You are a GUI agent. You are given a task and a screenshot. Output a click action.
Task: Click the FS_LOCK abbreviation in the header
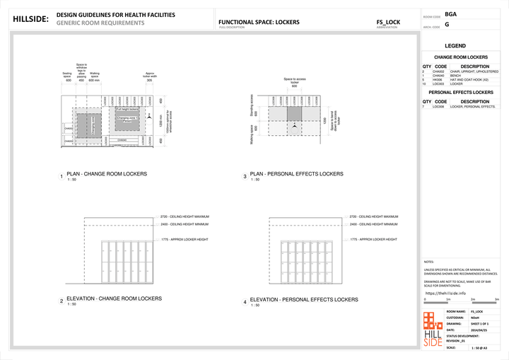point(388,22)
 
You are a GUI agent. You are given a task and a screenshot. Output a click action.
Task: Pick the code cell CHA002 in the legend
point(439,71)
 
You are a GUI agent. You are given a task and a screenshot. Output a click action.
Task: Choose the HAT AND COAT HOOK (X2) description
point(474,80)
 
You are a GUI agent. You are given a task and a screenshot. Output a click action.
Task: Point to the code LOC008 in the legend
point(439,107)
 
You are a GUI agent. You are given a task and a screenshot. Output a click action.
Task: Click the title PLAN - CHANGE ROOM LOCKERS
point(107,173)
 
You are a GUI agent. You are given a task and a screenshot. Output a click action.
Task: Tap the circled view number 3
point(245,176)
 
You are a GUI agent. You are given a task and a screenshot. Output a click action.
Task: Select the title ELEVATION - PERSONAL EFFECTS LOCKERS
point(304,299)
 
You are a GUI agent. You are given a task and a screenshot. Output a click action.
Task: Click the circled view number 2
point(62,301)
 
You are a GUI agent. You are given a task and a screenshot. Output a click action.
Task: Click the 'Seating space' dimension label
point(68,74)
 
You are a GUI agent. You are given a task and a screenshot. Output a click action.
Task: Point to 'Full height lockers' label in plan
point(127,110)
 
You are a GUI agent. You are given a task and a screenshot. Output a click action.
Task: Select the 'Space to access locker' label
point(295,81)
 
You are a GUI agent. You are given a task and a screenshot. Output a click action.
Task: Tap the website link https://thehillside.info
point(445,293)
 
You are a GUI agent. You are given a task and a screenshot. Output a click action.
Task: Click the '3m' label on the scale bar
point(497,300)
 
